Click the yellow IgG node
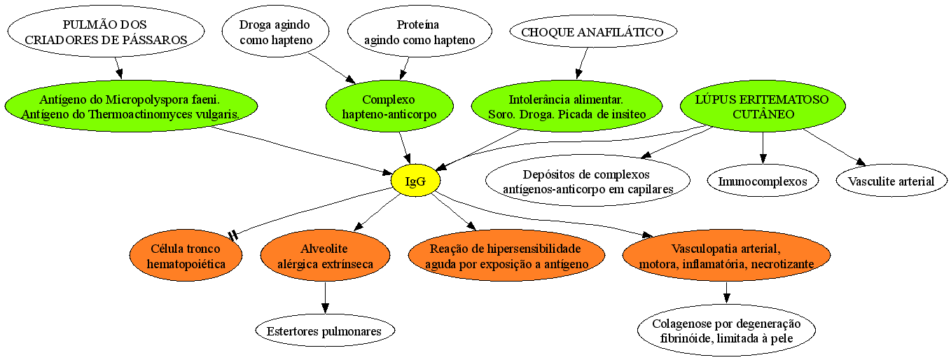pos(415,181)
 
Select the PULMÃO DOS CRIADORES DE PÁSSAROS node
pos(106,32)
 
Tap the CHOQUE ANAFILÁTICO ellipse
pos(592,32)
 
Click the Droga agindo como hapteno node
pos(275,32)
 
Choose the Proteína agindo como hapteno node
pos(419,32)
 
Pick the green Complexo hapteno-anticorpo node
pos(389,106)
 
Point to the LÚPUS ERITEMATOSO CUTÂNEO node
pos(763,106)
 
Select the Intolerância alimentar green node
pos(567,106)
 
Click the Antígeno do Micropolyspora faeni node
pos(131,106)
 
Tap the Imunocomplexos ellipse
pos(763,181)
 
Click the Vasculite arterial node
pos(891,181)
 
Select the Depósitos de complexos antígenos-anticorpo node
pos(588,181)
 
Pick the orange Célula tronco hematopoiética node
pos(186,256)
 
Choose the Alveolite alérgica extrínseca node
pos(325,256)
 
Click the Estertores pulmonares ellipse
pos(325,331)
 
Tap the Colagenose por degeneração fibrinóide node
pos(726,331)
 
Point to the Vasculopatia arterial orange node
pos(726,256)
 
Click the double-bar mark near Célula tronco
pos(232,235)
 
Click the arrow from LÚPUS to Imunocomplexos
pos(763,148)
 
